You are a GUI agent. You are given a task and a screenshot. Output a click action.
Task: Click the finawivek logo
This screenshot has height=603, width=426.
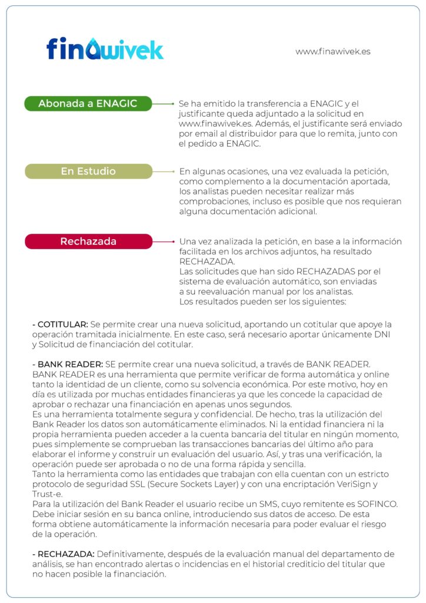point(105,48)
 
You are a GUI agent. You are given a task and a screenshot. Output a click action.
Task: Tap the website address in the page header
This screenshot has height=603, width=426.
point(332,51)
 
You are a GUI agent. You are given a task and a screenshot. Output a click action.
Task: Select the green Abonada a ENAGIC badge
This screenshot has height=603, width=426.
point(88,104)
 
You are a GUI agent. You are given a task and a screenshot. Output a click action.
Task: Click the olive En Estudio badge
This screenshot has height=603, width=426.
point(88,171)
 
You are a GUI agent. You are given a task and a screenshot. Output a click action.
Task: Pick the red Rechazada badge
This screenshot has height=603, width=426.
point(88,241)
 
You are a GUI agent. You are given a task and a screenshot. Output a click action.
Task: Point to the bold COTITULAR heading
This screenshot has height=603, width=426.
point(62,324)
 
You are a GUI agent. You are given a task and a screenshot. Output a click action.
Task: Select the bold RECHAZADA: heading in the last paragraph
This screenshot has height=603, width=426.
point(65,554)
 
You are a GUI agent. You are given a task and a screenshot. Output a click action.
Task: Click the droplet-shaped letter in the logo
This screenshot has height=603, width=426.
point(92,49)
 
